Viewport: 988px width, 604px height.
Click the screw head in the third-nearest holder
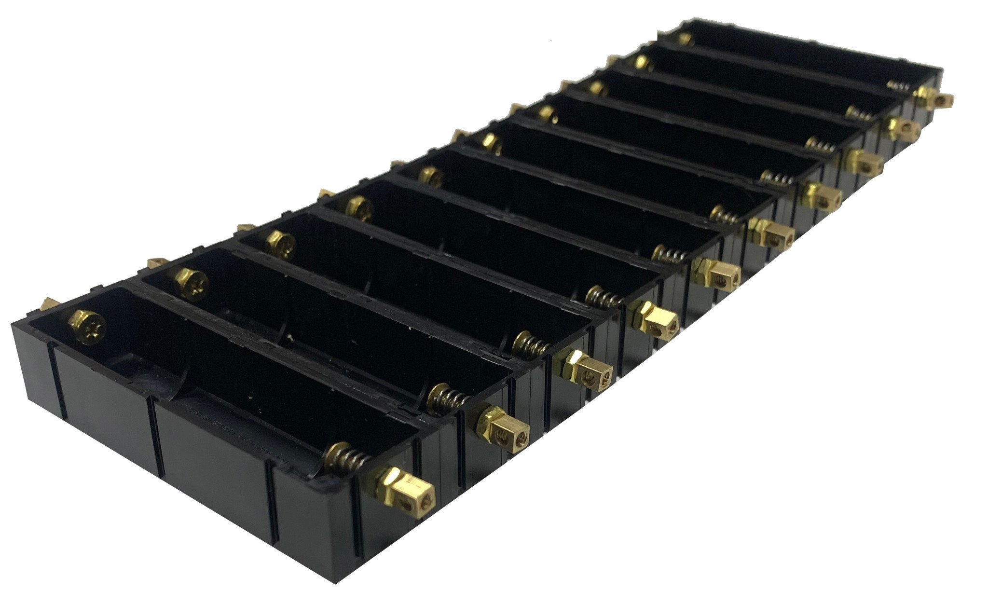(280, 239)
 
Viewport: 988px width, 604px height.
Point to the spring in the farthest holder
(899, 85)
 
